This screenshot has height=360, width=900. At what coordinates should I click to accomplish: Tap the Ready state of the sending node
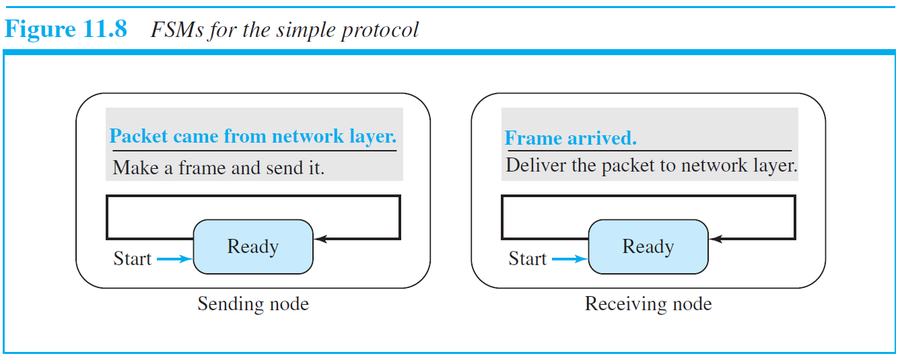(253, 247)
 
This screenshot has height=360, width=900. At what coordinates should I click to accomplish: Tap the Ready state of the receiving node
(648, 247)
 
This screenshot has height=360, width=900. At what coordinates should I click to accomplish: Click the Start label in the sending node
(133, 259)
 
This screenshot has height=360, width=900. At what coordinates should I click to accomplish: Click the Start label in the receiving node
(528, 259)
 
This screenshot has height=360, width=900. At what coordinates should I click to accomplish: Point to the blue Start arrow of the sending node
(174, 259)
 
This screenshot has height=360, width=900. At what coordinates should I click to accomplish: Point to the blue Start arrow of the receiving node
(569, 259)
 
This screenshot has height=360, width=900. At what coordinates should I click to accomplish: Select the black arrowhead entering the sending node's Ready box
(319, 239)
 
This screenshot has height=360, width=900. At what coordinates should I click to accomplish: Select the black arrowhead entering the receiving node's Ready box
(714, 239)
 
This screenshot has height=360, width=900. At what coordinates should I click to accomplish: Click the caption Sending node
(253, 304)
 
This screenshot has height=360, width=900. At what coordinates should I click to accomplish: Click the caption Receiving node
(648, 304)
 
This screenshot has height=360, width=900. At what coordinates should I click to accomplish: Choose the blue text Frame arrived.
(570, 139)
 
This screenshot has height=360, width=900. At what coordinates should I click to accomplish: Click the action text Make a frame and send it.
(219, 168)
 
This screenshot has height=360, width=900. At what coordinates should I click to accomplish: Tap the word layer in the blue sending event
(375, 137)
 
